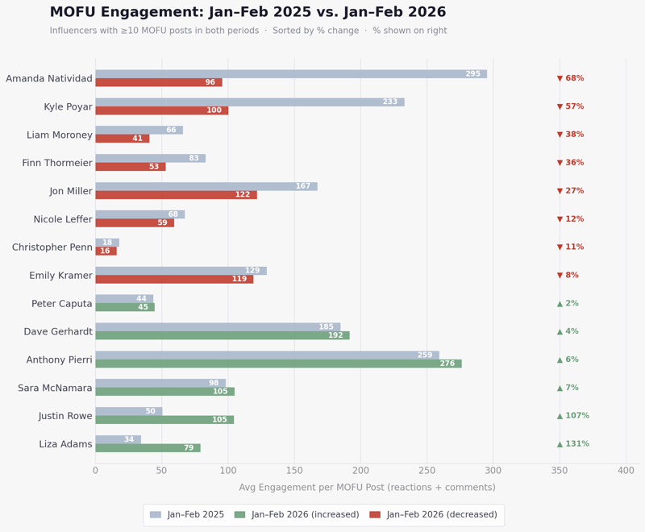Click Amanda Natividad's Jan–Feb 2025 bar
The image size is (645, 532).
point(290,74)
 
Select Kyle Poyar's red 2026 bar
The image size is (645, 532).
point(161,110)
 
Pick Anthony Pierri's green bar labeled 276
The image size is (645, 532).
point(278,364)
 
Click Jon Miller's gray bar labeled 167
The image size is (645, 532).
point(206,186)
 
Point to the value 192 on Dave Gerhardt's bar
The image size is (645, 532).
point(335,335)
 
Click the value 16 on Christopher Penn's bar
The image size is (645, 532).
point(106,251)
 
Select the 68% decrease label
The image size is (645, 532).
point(570,78)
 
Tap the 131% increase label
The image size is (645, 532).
point(572,444)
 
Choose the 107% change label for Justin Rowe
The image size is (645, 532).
point(572,416)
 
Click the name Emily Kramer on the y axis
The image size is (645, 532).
point(60,276)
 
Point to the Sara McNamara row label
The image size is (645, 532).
point(55,388)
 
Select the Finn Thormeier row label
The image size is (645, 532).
point(57,163)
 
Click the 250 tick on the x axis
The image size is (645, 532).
point(427,471)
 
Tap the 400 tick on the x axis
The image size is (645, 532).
point(626,471)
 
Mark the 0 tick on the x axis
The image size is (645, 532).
point(95,471)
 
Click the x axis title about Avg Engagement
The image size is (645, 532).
point(367,488)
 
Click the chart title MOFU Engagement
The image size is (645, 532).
point(248,12)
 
